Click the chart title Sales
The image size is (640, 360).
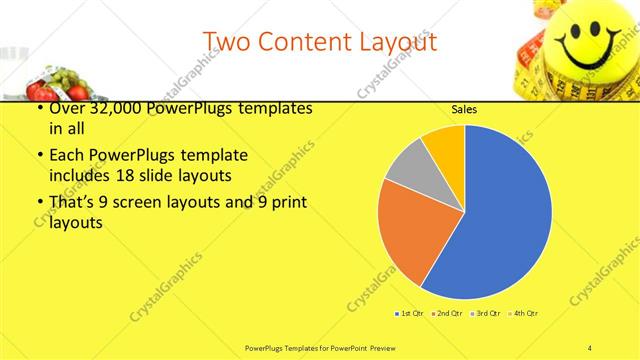(463, 108)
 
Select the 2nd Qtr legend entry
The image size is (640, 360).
(447, 314)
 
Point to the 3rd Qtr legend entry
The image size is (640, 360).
(485, 314)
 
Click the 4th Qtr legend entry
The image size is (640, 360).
(524, 314)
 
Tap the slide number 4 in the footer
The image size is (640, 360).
(590, 347)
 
